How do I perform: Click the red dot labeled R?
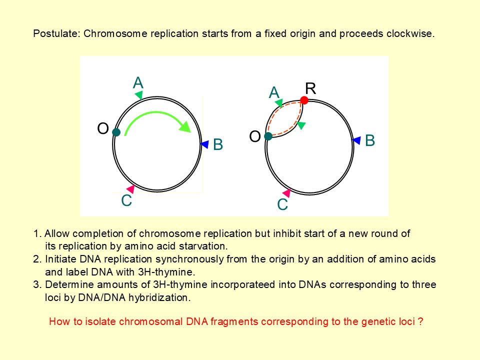pyautogui.click(x=304, y=100)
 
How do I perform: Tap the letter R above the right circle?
pyautogui.click(x=310, y=88)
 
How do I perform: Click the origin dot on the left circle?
pyautogui.click(x=116, y=132)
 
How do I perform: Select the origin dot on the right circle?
pyautogui.click(x=268, y=136)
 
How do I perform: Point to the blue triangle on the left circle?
pyautogui.click(x=204, y=144)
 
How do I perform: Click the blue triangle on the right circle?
pyautogui.click(x=356, y=140)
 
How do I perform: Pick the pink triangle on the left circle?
pyautogui.click(x=130, y=189)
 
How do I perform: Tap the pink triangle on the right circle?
pyautogui.click(x=286, y=193)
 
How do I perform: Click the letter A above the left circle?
pyautogui.click(x=138, y=82)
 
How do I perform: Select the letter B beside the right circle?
pyautogui.click(x=370, y=140)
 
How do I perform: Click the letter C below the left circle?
pyautogui.click(x=126, y=200)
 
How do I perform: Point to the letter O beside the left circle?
pyautogui.click(x=103, y=128)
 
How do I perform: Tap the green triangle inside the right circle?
pyautogui.click(x=301, y=125)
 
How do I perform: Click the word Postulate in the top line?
pyautogui.click(x=56, y=33)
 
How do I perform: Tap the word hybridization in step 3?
pyautogui.click(x=159, y=297)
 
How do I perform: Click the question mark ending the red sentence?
pyautogui.click(x=420, y=321)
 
